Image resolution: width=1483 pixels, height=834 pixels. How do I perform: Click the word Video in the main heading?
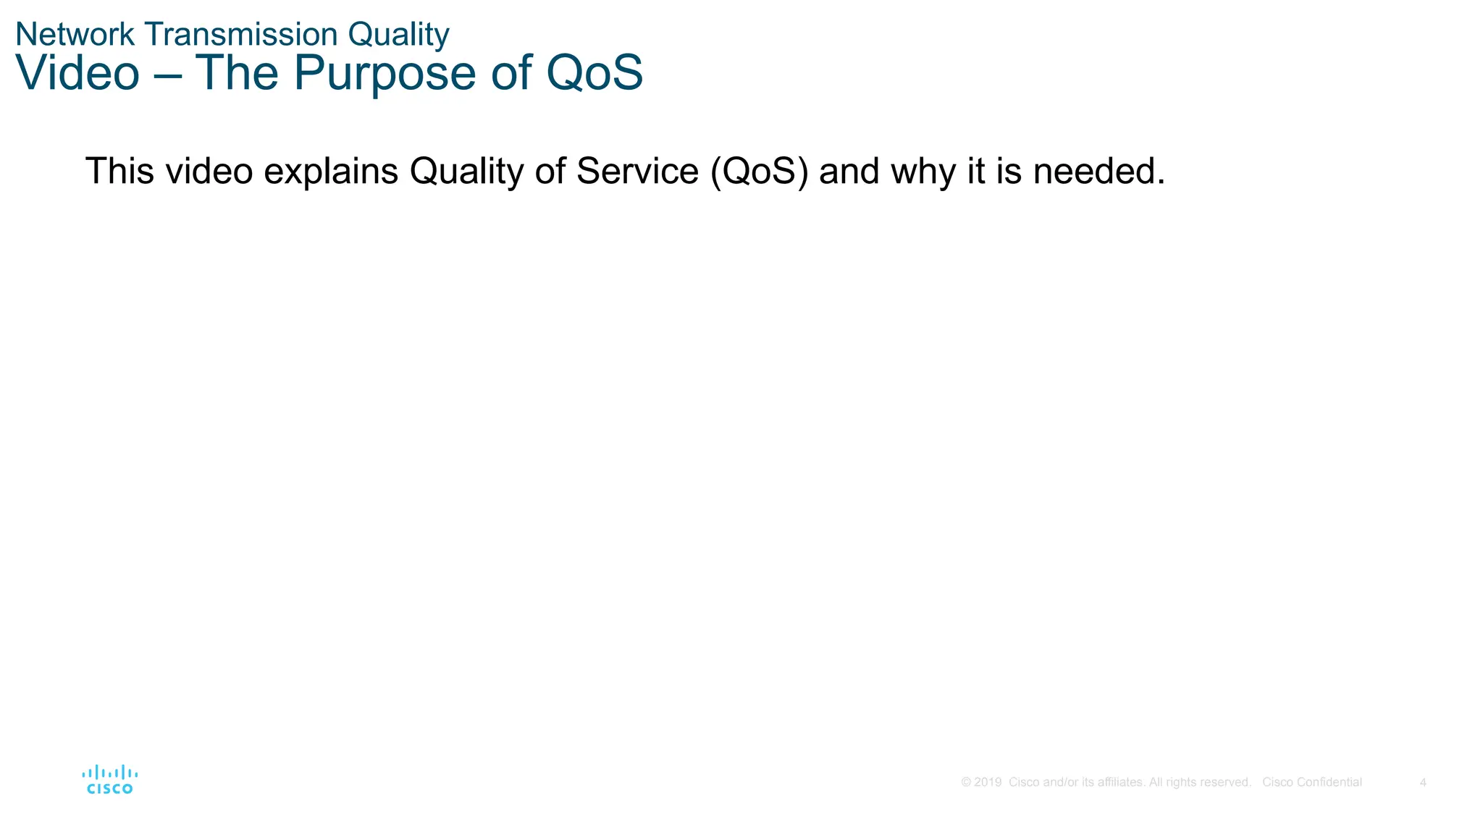(77, 73)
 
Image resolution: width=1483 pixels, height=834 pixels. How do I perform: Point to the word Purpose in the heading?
(384, 73)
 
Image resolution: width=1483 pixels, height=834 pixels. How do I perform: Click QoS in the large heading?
(594, 73)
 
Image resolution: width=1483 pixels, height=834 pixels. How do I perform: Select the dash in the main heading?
(167, 75)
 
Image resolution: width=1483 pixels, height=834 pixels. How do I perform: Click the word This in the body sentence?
(119, 172)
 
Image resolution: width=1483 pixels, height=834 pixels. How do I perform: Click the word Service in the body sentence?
(637, 172)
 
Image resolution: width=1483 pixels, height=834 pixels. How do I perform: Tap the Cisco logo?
(110, 780)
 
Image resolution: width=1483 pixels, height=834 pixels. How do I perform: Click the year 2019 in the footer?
(988, 783)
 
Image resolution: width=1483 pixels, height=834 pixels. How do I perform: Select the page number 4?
(1423, 783)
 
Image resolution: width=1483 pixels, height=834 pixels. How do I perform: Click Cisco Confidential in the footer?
(1311, 783)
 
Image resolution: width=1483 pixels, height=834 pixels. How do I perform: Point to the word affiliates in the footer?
(1122, 783)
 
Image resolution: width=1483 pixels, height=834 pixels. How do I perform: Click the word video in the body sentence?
(209, 172)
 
